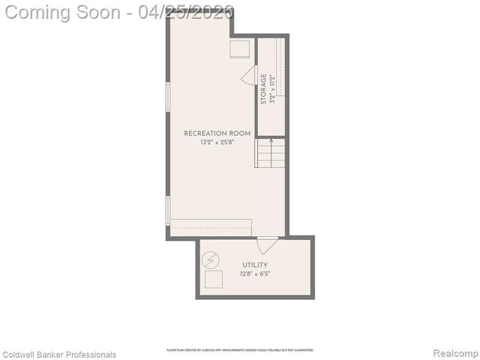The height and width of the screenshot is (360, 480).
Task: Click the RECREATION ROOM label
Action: [x=217, y=133]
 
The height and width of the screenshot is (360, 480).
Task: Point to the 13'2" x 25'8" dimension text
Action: [x=217, y=142]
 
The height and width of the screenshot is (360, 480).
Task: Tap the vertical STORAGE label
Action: [x=263, y=88]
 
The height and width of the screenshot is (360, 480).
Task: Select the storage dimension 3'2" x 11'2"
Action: [x=272, y=88]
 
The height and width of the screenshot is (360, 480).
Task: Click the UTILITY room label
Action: [x=255, y=265]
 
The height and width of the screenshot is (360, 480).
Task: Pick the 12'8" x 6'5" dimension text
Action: [x=255, y=274]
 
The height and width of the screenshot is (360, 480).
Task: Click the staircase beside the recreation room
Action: [x=271, y=153]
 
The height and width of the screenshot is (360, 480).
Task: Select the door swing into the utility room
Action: [x=267, y=245]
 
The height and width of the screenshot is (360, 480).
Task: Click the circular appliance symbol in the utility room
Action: [x=212, y=259]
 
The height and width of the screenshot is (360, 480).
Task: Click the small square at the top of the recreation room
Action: [x=240, y=48]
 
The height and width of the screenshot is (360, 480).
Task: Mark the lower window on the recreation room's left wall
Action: [x=168, y=209]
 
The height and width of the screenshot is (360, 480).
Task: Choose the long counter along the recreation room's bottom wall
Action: [x=211, y=228]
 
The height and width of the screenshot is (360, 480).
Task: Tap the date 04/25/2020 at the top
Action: [x=186, y=12]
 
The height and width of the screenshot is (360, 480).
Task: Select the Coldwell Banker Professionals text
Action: [x=60, y=354]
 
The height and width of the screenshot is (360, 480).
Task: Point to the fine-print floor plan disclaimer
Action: [x=240, y=350]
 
